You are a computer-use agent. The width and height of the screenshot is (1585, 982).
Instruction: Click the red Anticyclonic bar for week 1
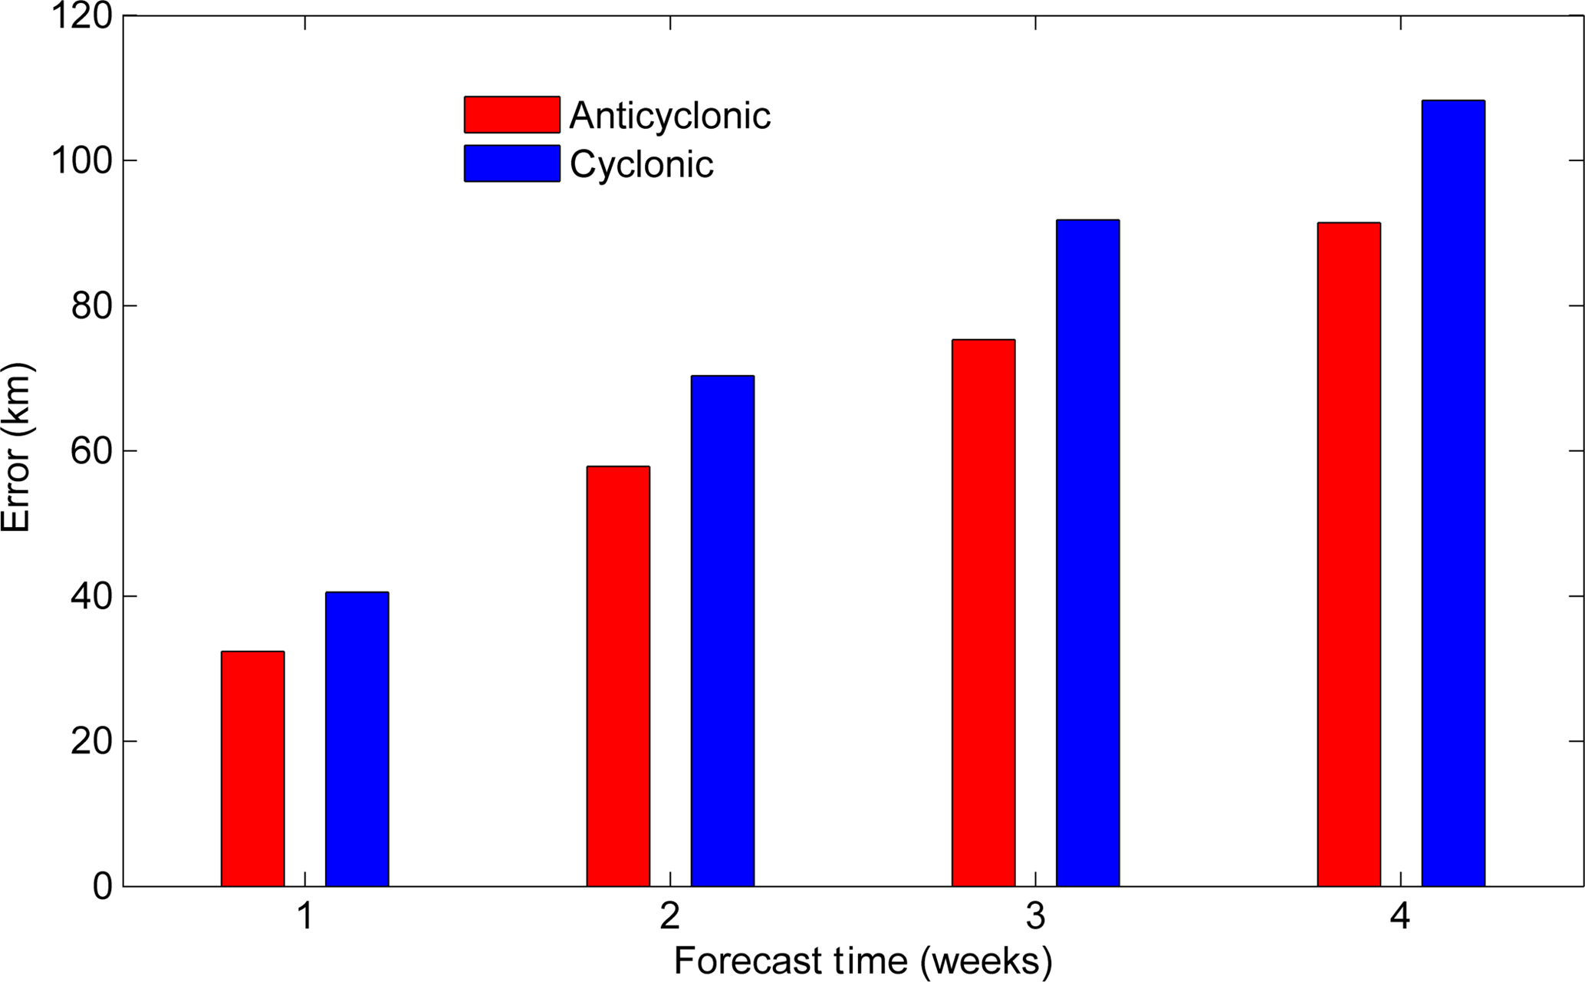[x=252, y=769]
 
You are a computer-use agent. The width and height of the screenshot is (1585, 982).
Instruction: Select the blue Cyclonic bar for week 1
[x=357, y=739]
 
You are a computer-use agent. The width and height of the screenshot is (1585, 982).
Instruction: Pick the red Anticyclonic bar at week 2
[x=618, y=676]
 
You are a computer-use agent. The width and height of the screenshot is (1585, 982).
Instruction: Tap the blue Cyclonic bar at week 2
[x=722, y=631]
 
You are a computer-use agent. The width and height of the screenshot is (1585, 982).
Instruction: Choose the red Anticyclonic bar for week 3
[x=983, y=612]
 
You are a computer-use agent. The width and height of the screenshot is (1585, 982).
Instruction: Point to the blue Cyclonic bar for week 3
[x=1087, y=552]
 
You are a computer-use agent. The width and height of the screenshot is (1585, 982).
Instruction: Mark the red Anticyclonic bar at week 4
[x=1349, y=554]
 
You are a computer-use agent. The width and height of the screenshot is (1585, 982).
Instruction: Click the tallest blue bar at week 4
[x=1453, y=493]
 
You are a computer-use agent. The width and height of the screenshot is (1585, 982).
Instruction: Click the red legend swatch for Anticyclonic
[x=511, y=115]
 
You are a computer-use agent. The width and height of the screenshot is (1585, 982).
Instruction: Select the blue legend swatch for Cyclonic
[x=511, y=163]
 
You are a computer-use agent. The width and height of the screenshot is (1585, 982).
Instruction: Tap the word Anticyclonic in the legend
[x=669, y=116]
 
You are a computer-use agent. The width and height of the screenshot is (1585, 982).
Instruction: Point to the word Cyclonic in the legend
[x=641, y=164]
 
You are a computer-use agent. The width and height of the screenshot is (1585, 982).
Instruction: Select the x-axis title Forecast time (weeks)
[x=863, y=961]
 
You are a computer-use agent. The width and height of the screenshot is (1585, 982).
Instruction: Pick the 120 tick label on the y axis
[x=81, y=16]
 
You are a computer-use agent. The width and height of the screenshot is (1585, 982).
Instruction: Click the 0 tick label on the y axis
[x=103, y=887]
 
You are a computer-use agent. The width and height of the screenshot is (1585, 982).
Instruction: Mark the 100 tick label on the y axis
[x=81, y=161]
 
